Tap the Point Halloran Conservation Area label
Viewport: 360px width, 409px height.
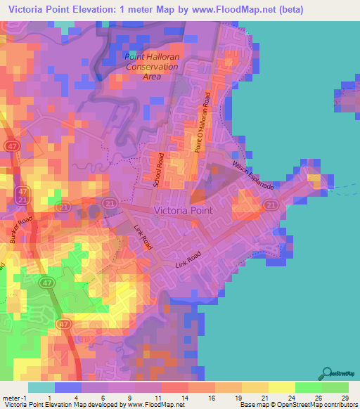click(151, 66)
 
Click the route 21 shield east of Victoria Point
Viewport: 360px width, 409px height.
click(270, 204)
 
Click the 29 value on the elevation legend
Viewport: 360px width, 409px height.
click(345, 397)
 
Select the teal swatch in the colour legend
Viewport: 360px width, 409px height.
click(41, 387)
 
